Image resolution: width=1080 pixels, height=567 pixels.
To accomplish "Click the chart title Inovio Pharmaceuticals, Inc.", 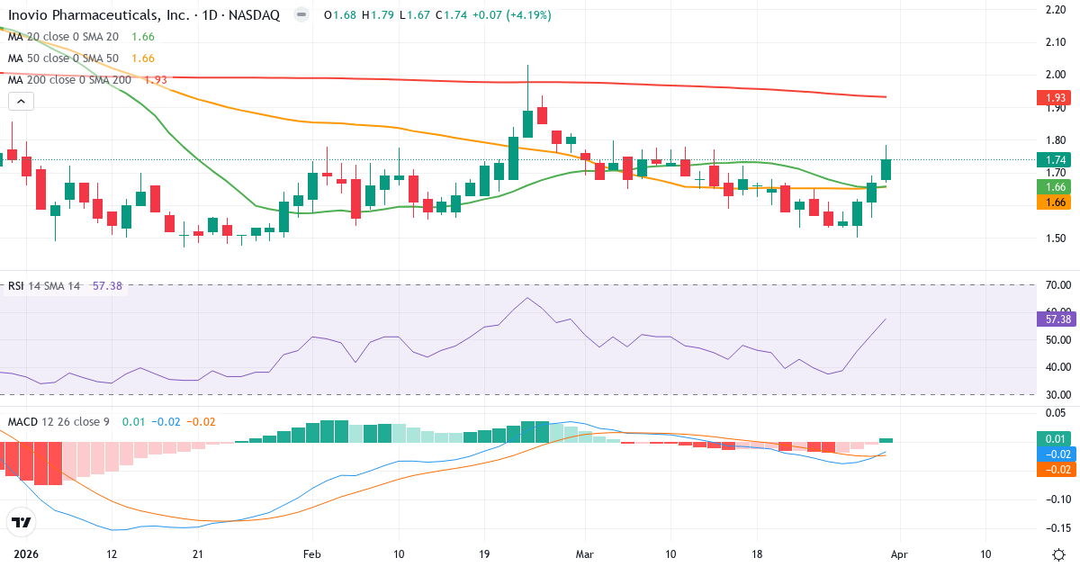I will [x=98, y=15].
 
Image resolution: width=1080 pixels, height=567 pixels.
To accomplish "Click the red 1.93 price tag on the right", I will [x=1057, y=97].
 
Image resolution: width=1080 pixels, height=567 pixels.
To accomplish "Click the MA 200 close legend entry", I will [x=70, y=80].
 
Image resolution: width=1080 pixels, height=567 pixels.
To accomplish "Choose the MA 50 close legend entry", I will [x=63, y=58].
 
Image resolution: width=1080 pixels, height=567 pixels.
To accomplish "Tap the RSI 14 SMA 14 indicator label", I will [x=44, y=286].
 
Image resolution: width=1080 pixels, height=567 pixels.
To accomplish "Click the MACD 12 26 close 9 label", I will [x=59, y=421].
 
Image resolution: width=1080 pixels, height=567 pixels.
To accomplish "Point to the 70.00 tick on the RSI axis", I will [x=1057, y=285].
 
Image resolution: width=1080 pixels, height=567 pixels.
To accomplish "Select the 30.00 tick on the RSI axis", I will [x=1057, y=394].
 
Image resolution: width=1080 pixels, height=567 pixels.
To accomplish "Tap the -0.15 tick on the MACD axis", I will [x=1057, y=528].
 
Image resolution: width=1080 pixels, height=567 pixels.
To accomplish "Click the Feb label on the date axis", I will [x=311, y=553].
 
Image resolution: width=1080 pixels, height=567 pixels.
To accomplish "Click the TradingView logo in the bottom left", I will [x=22, y=522].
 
